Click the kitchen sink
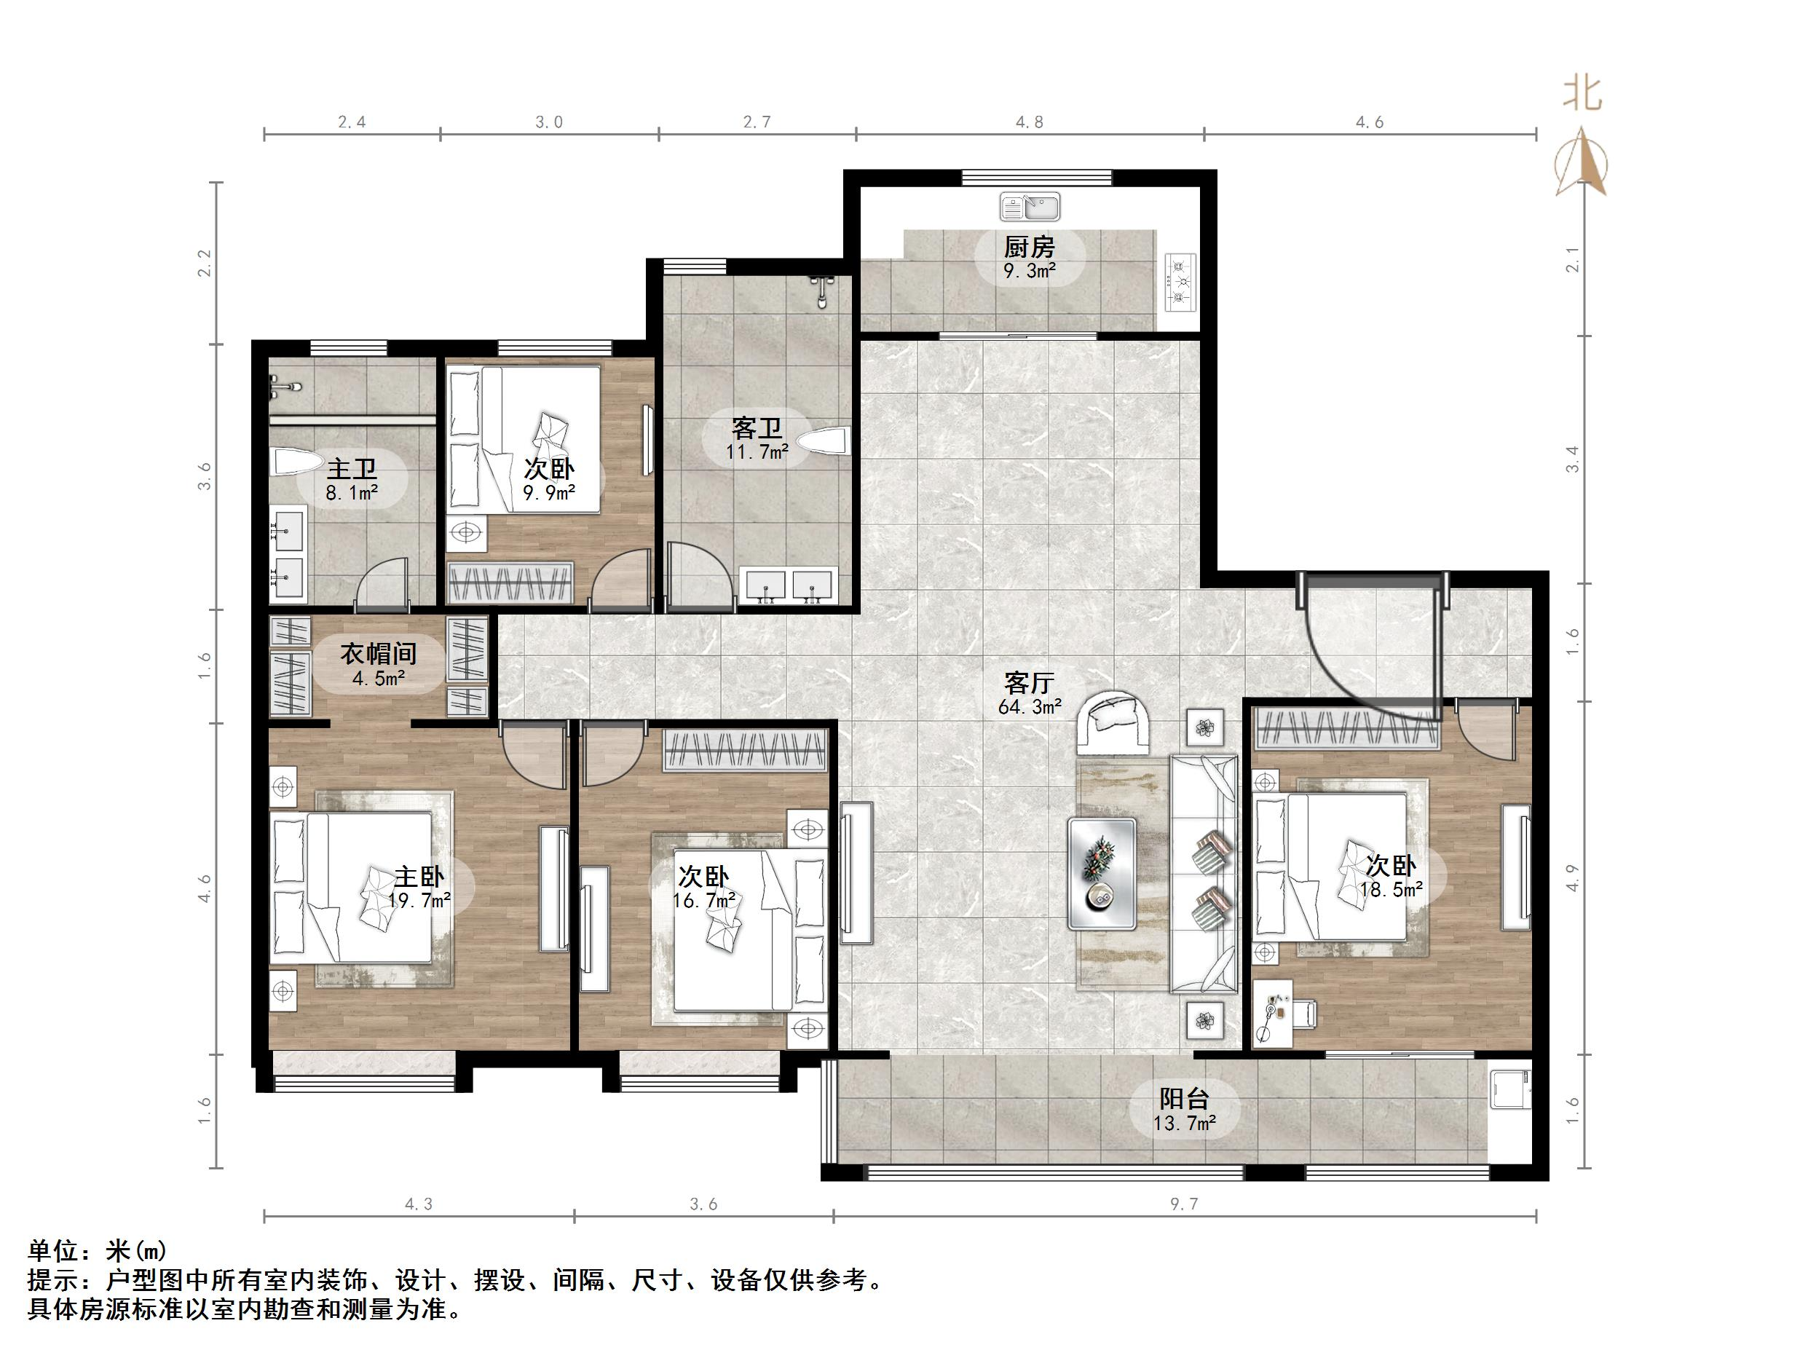pos(1030,207)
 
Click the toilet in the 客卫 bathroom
pos(824,442)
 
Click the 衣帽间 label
pos(379,653)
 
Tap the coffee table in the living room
pos(1102,873)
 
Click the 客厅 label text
pos(1030,682)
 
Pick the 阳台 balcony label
pos(1184,1100)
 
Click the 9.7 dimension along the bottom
pos(1184,1204)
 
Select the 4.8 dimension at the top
pos(1030,122)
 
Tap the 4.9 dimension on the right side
pos(1572,877)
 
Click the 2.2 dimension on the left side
pos(205,262)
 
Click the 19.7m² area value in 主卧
pos(420,900)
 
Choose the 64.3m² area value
pos(1030,706)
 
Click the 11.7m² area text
pos(757,451)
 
